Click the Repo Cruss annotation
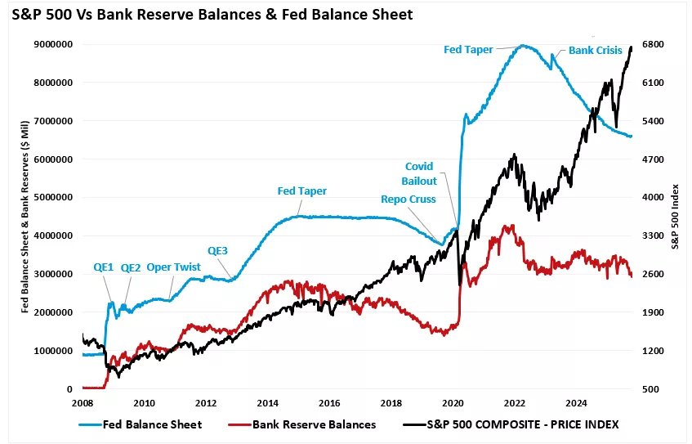[x=409, y=199]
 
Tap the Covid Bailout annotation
[x=420, y=173]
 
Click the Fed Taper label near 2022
[x=468, y=49]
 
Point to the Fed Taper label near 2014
[x=302, y=191]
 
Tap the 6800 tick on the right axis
[x=654, y=44]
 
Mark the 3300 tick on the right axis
[x=654, y=235]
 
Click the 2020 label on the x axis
[x=453, y=402]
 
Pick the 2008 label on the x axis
[x=83, y=402]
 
